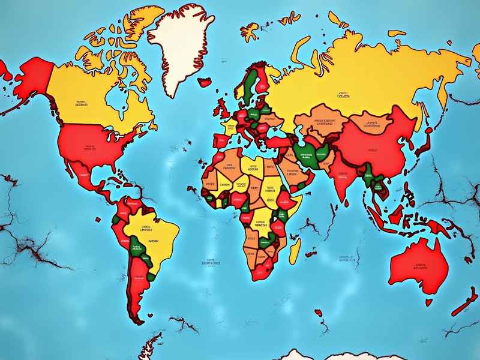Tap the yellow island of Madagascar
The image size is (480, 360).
(x=295, y=250)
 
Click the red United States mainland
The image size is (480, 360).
(x=96, y=147)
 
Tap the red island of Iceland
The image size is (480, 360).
(x=206, y=82)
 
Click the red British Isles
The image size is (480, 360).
(x=224, y=109)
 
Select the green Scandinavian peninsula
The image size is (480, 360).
(x=249, y=84)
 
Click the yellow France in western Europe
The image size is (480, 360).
(x=229, y=128)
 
